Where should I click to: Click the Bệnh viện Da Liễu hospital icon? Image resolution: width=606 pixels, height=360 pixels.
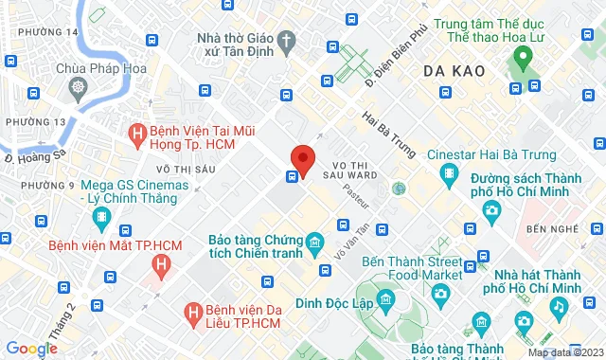point(193,311)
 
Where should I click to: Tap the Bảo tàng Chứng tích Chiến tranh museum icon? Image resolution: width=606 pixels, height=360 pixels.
point(313,247)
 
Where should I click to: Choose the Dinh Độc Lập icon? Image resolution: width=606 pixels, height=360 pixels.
point(385,302)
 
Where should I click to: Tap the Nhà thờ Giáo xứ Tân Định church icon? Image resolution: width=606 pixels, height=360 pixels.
point(289,40)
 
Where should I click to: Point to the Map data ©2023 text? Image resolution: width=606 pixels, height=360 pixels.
point(564,352)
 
